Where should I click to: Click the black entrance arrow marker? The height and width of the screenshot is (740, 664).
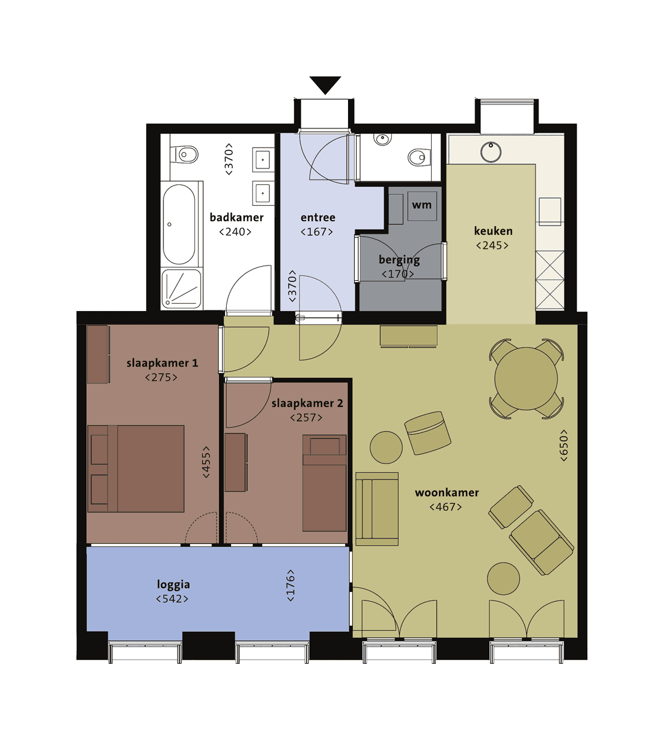coord(325,84)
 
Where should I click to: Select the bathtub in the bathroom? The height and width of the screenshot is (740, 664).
coord(179,224)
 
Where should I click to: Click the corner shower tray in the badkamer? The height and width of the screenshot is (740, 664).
coord(181,289)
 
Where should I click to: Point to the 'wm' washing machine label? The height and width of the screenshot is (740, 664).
coord(422,205)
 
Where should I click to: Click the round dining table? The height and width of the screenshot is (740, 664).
coord(526,378)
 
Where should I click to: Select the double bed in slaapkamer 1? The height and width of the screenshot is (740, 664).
coord(136,468)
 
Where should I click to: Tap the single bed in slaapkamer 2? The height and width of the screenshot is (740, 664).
coord(324,483)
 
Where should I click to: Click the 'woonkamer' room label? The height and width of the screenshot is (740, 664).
coord(446,492)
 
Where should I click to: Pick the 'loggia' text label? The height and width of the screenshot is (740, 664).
coord(173,585)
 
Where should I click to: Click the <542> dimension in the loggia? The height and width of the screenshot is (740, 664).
coord(172,599)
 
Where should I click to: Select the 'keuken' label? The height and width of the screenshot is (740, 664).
coord(493,231)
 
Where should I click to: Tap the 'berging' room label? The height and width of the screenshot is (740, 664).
coord(399,259)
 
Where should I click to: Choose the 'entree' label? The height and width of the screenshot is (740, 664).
coord(318,218)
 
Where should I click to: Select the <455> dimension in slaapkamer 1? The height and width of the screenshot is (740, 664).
coord(207,462)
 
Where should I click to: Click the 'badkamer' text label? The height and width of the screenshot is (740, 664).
coord(236,217)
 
